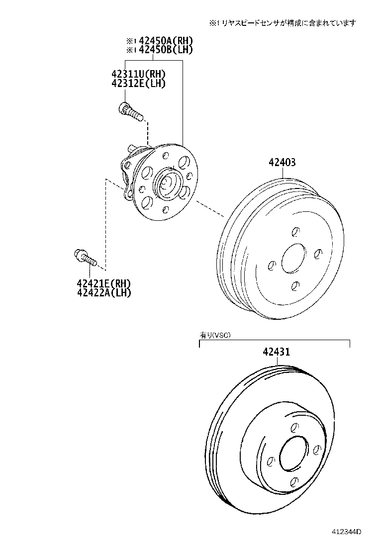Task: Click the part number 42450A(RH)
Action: point(166,41)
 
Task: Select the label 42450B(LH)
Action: point(166,50)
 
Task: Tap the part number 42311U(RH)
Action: point(139,74)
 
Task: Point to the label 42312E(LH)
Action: point(139,83)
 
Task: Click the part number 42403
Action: point(282,162)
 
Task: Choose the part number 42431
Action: point(277,352)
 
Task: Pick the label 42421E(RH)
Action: point(103,283)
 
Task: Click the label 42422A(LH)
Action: point(103,292)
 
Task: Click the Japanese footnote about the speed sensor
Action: point(283,23)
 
